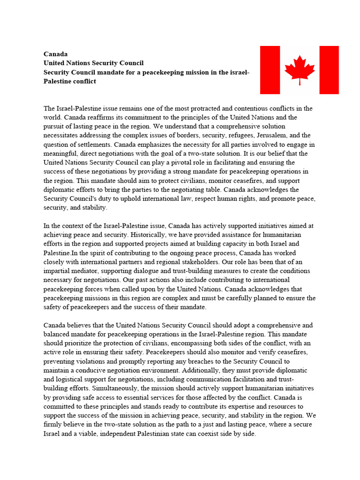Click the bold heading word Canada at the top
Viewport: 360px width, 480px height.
[55, 54]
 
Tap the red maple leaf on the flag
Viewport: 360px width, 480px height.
[300, 69]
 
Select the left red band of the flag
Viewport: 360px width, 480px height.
[270, 70]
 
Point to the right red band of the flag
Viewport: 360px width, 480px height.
[329, 70]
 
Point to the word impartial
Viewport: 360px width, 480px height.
[57, 270]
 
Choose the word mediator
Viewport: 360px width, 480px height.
[86, 270]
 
